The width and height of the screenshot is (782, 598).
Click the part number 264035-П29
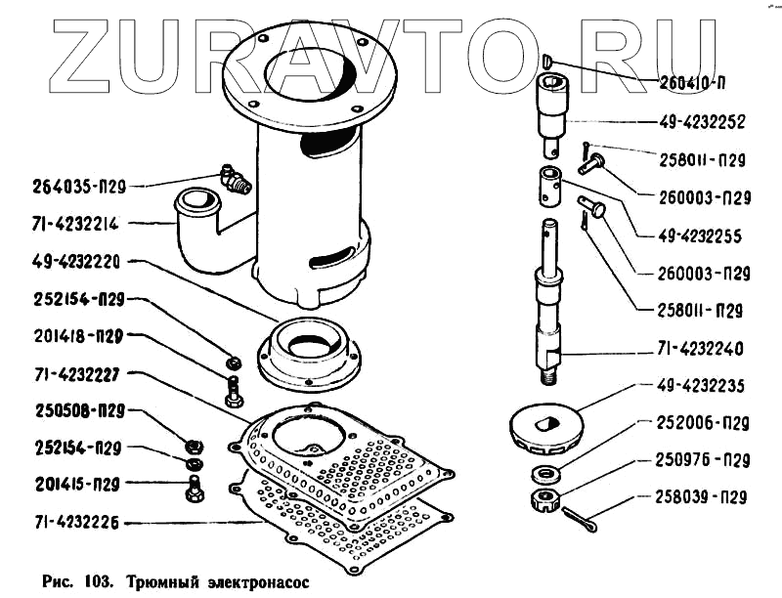(72, 184)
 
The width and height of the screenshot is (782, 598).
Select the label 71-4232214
(65, 224)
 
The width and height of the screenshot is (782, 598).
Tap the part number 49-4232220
(65, 262)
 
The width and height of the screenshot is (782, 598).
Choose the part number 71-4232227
(65, 373)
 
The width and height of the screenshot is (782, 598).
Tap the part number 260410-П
(699, 80)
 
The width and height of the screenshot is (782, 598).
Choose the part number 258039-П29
(695, 497)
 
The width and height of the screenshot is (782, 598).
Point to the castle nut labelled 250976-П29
(543, 502)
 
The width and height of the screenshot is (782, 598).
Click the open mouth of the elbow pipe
(193, 205)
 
